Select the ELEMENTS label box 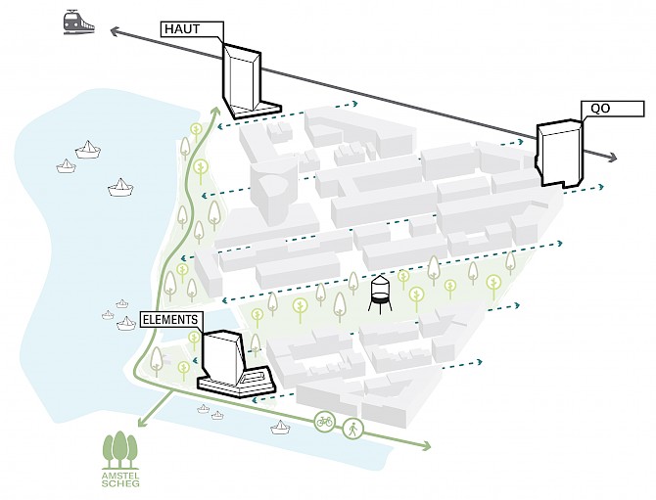(x=171, y=319)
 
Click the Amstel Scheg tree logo (x=120, y=448)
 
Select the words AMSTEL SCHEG (x=120, y=478)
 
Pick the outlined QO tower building (x=558, y=153)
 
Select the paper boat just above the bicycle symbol (x=282, y=426)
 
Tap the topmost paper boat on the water (x=89, y=149)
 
